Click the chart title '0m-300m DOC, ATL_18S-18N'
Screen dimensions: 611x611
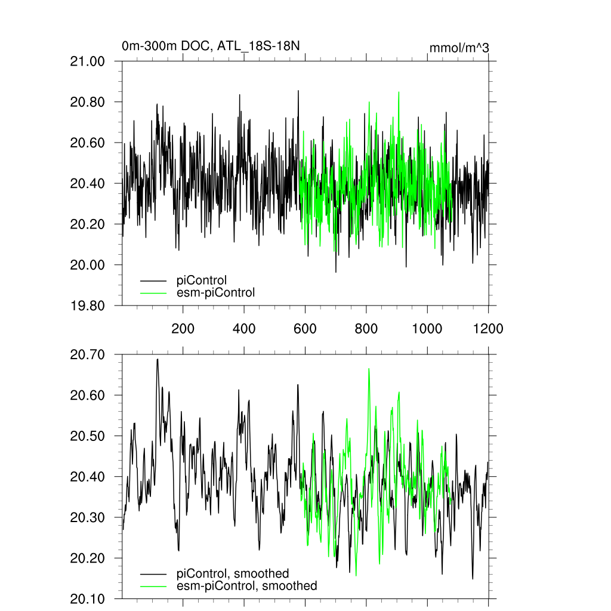(210, 46)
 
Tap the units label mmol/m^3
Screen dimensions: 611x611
(459, 48)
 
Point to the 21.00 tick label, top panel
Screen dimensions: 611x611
(88, 61)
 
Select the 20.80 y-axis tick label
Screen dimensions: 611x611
(88, 102)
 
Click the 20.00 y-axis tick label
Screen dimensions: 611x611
(88, 265)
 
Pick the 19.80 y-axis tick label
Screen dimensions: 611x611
(88, 305)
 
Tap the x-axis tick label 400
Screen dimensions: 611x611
(244, 328)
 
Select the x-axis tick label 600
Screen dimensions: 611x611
(305, 328)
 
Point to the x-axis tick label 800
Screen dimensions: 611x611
(366, 328)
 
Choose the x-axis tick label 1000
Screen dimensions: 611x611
(427, 328)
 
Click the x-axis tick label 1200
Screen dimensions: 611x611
(488, 328)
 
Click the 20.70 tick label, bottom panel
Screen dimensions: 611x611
(88, 355)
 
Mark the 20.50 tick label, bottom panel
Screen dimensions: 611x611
(88, 436)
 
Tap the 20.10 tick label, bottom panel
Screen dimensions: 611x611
(88, 598)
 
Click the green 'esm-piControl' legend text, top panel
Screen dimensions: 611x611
(215, 292)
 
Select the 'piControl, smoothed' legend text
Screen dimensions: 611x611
(233, 574)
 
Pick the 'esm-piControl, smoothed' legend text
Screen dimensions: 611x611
(247, 586)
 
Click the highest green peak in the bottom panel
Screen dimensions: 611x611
(369, 369)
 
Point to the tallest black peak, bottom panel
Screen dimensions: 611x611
(158, 359)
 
